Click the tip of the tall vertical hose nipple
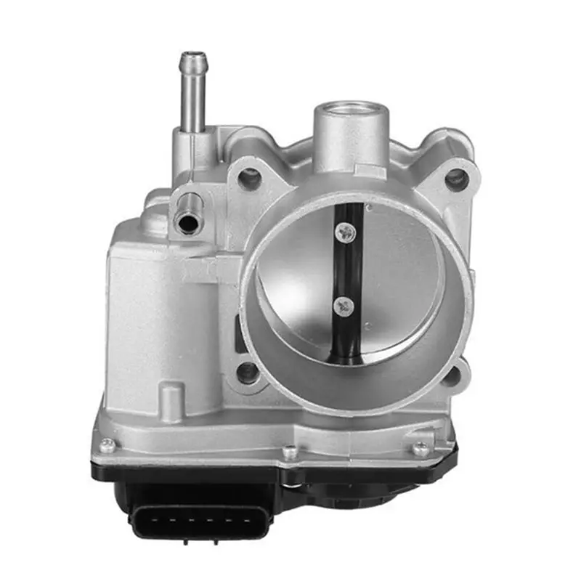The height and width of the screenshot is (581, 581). [x=193, y=56]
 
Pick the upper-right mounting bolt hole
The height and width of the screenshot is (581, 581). [x=455, y=178]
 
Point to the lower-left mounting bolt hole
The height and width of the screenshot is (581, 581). [x=248, y=373]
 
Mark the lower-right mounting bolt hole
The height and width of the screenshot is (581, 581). [x=450, y=376]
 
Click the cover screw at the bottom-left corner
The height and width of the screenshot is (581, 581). [x=107, y=445]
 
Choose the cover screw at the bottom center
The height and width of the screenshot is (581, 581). [x=290, y=452]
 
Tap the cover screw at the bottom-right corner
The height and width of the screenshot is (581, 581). [x=420, y=448]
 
